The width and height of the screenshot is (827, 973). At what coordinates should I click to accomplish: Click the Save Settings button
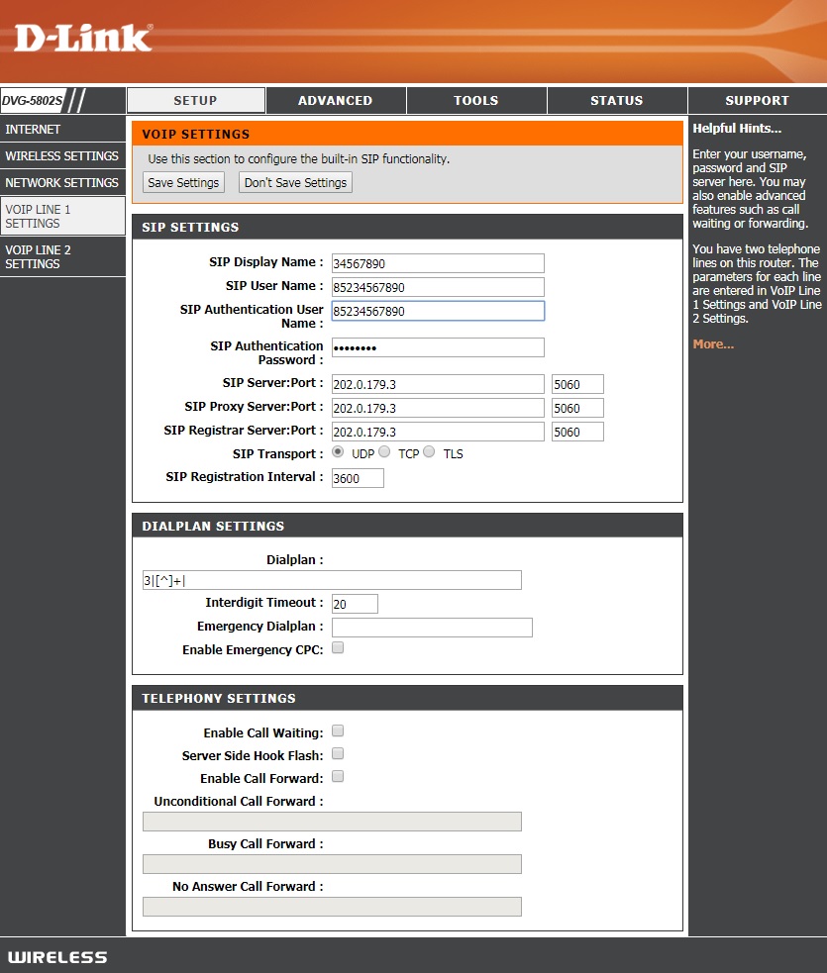pyautogui.click(x=183, y=182)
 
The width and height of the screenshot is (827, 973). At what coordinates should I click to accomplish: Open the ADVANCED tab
pyautogui.click(x=336, y=100)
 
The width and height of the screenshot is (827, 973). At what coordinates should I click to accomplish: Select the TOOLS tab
pyautogui.click(x=476, y=100)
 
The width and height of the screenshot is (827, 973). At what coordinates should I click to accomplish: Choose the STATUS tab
pyautogui.click(x=616, y=100)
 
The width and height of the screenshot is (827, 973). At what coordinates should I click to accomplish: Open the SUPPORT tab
pyautogui.click(x=757, y=100)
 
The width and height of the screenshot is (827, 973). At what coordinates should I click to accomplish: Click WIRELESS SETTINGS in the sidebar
pyautogui.click(x=62, y=156)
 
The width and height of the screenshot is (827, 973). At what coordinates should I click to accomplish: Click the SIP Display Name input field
pyautogui.click(x=438, y=263)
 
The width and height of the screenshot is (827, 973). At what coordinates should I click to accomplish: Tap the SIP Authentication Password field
pyautogui.click(x=438, y=347)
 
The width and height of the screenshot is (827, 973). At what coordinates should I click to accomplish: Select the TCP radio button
pyautogui.click(x=384, y=452)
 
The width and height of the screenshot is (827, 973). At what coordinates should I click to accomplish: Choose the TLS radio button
pyautogui.click(x=429, y=452)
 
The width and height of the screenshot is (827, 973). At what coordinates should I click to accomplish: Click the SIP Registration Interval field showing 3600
pyautogui.click(x=358, y=478)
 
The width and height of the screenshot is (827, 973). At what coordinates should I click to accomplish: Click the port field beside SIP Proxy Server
pyautogui.click(x=577, y=408)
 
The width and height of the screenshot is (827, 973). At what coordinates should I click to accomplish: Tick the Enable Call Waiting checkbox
pyautogui.click(x=338, y=731)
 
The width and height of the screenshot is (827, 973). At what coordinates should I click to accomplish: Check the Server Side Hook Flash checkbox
pyautogui.click(x=338, y=754)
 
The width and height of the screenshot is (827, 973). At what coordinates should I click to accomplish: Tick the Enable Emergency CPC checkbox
pyautogui.click(x=338, y=648)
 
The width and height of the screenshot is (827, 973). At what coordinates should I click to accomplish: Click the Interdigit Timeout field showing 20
pyautogui.click(x=355, y=604)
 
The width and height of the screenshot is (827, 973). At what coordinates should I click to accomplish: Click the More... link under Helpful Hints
pyautogui.click(x=713, y=344)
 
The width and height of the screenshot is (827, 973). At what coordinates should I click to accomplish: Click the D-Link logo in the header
pyautogui.click(x=83, y=39)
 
